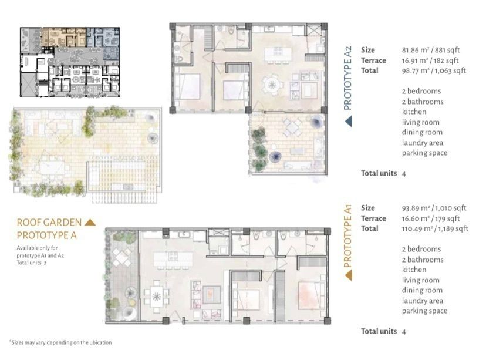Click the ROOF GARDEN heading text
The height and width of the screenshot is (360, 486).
(x=49, y=223)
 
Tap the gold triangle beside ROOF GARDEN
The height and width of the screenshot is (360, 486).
(x=90, y=223)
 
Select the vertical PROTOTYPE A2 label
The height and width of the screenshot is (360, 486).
(x=347, y=78)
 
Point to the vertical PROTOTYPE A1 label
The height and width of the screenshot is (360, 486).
(x=347, y=235)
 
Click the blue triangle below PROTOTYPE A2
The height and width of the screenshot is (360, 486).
(x=349, y=121)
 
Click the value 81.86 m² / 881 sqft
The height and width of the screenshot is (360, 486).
(x=431, y=50)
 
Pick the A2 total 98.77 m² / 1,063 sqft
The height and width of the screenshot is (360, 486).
(x=434, y=70)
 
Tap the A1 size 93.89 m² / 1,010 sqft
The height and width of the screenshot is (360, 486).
(x=434, y=208)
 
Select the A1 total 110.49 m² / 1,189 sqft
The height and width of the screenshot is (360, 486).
(x=435, y=229)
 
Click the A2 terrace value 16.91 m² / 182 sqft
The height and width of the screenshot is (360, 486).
(x=430, y=60)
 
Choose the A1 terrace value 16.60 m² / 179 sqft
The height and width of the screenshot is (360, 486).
(x=431, y=218)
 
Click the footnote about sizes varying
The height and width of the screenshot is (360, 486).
(x=61, y=342)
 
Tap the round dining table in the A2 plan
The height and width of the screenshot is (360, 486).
(x=272, y=85)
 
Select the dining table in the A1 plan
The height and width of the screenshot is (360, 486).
(x=157, y=297)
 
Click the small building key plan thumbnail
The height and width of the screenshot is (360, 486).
(x=70, y=62)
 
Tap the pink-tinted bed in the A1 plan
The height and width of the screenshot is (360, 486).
(x=311, y=295)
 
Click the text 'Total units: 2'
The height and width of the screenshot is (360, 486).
(x=32, y=263)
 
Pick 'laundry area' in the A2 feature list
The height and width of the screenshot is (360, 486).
(x=423, y=143)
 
